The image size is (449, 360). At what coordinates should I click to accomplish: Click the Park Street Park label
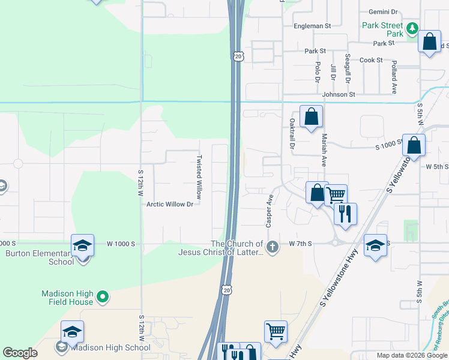pyautogui.click(x=383, y=29)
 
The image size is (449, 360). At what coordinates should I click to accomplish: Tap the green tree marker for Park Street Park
pyautogui.click(x=412, y=28)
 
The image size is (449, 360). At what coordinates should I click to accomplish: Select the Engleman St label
pyautogui.click(x=312, y=26)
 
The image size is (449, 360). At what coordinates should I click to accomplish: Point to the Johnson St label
pyautogui.click(x=339, y=94)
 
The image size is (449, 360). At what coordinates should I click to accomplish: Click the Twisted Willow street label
pyautogui.click(x=199, y=177)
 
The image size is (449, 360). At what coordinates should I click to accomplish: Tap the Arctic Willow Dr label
pyautogui.click(x=170, y=204)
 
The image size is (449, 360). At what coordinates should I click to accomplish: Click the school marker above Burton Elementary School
pyautogui.click(x=83, y=245)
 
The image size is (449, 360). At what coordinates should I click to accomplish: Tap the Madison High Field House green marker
pyautogui.click(x=103, y=296)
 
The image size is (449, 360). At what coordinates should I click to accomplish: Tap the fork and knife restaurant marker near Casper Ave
pyautogui.click(x=345, y=214)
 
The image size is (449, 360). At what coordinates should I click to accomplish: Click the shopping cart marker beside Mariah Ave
pyautogui.click(x=336, y=194)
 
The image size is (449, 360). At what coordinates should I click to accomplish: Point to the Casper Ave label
pyautogui.click(x=270, y=210)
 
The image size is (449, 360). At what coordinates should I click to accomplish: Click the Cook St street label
pyautogui.click(x=371, y=60)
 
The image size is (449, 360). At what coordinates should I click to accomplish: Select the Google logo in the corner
pyautogui.click(x=20, y=353)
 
